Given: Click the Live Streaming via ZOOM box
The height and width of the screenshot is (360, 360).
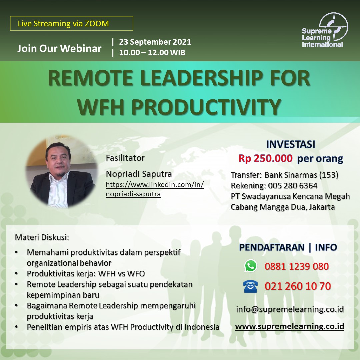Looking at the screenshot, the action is pyautogui.click(x=72, y=23).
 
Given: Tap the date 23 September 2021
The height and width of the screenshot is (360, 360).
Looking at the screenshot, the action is pyautogui.click(x=155, y=42).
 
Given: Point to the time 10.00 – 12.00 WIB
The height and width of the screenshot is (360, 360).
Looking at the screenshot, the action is pyautogui.click(x=152, y=53).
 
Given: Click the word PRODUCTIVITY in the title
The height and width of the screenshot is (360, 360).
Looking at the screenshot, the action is pyautogui.click(x=206, y=107).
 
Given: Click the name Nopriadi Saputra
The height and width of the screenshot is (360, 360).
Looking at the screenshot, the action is pyautogui.click(x=139, y=174).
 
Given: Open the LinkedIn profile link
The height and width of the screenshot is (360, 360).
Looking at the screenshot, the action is pyautogui.click(x=155, y=189).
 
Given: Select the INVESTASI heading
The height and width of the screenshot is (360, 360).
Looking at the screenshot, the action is pyautogui.click(x=291, y=144).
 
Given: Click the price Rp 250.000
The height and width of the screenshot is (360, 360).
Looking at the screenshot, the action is pyautogui.click(x=265, y=158).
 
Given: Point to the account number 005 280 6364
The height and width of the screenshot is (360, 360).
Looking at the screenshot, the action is pyautogui.click(x=293, y=186).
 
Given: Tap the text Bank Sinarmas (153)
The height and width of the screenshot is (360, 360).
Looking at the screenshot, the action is pyautogui.click(x=301, y=175).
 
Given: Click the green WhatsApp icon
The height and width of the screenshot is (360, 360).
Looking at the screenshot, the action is pyautogui.click(x=251, y=266).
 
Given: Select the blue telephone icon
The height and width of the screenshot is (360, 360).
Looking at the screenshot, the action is pyautogui.click(x=250, y=286).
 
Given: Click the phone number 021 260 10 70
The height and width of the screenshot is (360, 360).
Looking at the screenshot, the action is pyautogui.click(x=298, y=286).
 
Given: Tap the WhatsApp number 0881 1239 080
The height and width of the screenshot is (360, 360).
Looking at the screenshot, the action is pyautogui.click(x=297, y=266).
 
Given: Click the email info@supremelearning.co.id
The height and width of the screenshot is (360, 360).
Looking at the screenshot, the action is pyautogui.click(x=290, y=309).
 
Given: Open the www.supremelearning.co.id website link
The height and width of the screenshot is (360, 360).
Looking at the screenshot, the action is pyautogui.click(x=290, y=326).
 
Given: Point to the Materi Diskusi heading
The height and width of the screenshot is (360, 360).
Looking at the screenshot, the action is pyautogui.click(x=42, y=237).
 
